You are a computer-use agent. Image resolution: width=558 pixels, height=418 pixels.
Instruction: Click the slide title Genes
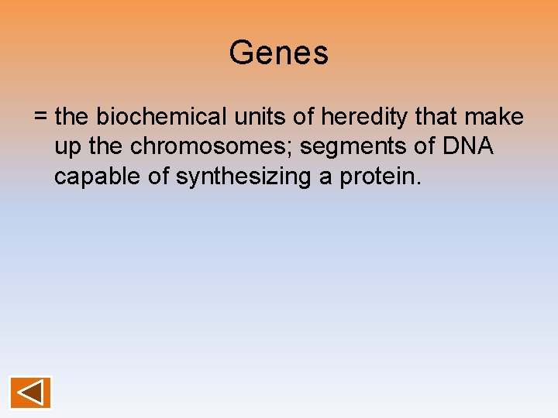pos(279,53)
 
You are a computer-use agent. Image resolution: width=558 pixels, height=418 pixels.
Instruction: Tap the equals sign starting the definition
pos(41,118)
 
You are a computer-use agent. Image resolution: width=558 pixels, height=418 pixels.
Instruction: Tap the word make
pos(496,118)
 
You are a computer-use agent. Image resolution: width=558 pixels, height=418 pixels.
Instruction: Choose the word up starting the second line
pos(66,147)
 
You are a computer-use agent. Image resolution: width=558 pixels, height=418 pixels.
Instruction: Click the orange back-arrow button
pos(31,392)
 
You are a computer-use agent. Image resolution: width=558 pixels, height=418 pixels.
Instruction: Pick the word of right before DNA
pos(425,147)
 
